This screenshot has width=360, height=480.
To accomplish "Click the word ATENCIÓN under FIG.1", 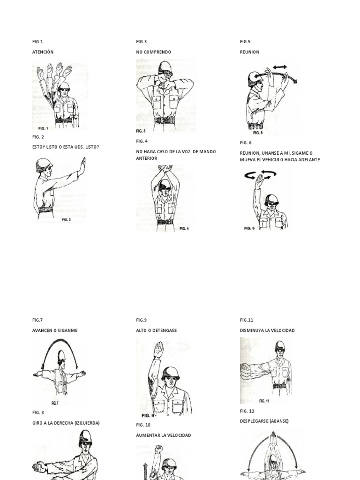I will pyautogui.click(x=43, y=52).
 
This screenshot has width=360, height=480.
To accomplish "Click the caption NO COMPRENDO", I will pyautogui.click(x=153, y=52).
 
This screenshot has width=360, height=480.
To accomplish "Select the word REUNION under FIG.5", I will pyautogui.click(x=249, y=52).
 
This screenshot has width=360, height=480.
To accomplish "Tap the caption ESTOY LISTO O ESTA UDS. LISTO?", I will pyautogui.click(x=65, y=147).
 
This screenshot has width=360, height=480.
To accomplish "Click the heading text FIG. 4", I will pyautogui.click(x=142, y=141).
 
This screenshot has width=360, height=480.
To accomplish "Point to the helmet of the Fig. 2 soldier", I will pyautogui.click(x=44, y=163).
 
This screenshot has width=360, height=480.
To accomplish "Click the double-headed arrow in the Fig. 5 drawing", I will pyautogui.click(x=280, y=67).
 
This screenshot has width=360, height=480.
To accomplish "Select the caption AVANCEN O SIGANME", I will pyautogui.click(x=55, y=330).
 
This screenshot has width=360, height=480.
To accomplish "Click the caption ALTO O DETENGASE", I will pyautogui.click(x=156, y=330).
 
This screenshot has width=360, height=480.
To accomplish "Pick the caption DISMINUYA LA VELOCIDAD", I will pyautogui.click(x=267, y=330).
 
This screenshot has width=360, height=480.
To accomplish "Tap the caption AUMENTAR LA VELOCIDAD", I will pyautogui.click(x=164, y=435).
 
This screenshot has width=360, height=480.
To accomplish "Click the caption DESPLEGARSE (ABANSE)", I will pyautogui.click(x=264, y=421).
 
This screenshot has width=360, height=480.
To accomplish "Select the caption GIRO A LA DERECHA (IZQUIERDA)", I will pyautogui.click(x=66, y=423).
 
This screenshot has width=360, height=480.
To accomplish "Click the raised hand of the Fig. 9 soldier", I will pyautogui.click(x=159, y=348).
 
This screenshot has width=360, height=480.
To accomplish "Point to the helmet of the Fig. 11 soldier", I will pyautogui.click(x=280, y=346).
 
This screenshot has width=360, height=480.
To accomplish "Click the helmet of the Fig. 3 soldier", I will pyautogui.click(x=165, y=66).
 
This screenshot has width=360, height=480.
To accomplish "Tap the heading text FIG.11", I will pyautogui.click(x=246, y=320).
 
